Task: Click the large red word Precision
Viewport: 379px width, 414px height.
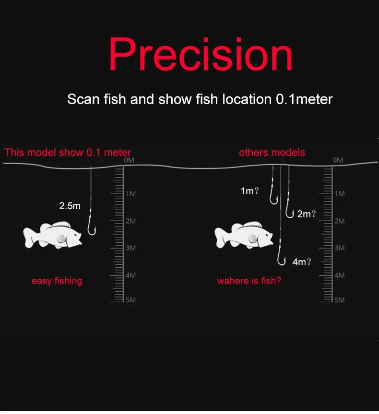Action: (x=201, y=55)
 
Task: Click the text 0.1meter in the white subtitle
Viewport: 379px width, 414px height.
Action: (x=304, y=99)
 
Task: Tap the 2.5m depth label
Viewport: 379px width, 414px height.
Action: (x=70, y=206)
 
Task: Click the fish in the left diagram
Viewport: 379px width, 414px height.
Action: (x=53, y=235)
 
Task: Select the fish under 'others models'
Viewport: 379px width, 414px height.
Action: (x=244, y=235)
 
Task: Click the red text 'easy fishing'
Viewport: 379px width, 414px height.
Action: (x=57, y=281)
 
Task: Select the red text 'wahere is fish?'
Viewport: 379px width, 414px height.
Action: (x=249, y=281)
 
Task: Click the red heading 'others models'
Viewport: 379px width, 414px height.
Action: (x=272, y=153)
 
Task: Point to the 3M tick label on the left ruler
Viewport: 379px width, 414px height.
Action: (x=131, y=248)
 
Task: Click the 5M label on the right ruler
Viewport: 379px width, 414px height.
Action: (x=340, y=300)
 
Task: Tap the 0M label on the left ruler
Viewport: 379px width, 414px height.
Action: (x=129, y=160)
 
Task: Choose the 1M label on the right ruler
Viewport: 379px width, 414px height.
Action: (x=340, y=194)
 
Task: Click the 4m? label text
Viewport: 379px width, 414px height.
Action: (x=302, y=262)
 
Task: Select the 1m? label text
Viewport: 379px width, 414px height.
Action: (x=249, y=191)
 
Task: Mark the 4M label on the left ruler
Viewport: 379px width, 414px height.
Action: (x=131, y=275)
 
